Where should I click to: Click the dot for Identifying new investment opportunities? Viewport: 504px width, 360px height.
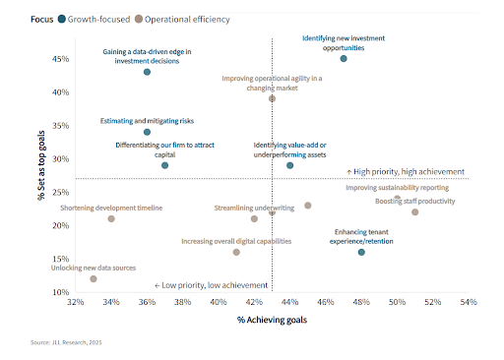(x=344, y=59)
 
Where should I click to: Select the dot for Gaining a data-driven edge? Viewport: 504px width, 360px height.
(x=147, y=72)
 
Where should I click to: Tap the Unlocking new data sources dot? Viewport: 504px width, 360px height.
(x=94, y=278)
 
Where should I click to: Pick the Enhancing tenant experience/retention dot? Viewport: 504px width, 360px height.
(x=361, y=252)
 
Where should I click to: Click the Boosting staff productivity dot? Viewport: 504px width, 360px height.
(x=414, y=211)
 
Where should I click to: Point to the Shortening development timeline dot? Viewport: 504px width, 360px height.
(x=111, y=218)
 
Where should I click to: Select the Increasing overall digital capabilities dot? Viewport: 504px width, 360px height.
(x=236, y=252)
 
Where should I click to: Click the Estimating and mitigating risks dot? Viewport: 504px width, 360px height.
(x=147, y=132)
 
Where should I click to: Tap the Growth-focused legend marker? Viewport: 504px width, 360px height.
(x=62, y=18)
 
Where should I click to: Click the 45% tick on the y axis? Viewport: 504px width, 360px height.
(x=60, y=59)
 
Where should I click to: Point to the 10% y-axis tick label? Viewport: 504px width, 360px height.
(x=60, y=292)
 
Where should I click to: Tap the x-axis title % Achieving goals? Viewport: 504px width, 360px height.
(x=272, y=321)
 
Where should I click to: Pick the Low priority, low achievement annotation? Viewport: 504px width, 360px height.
(x=209, y=285)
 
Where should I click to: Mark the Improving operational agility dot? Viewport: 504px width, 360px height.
(x=272, y=98)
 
